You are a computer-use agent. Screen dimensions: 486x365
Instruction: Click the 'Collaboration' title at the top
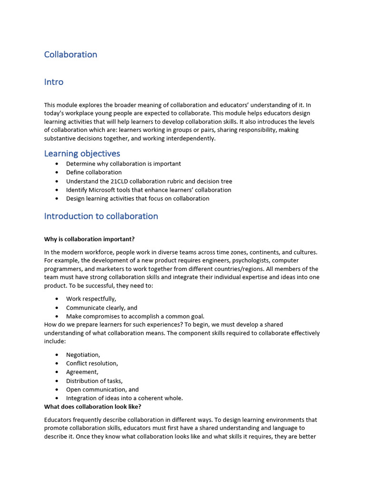[70, 55]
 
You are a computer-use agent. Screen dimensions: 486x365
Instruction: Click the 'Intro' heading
[54, 82]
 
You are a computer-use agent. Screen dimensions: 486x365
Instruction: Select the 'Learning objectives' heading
[82, 153]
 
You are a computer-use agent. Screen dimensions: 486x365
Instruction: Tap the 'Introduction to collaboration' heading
[101, 216]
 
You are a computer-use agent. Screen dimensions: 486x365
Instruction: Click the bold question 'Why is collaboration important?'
[93, 239]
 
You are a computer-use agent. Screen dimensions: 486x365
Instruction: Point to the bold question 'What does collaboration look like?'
[93, 407]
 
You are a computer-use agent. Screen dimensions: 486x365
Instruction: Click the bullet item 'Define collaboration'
[94, 172]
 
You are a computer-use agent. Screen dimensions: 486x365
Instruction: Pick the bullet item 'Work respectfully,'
[91, 299]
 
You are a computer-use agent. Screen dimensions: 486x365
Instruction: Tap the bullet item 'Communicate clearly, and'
[101, 308]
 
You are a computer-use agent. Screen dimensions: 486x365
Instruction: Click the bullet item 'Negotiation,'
[83, 355]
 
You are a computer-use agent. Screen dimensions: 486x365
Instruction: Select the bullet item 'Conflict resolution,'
[92, 363]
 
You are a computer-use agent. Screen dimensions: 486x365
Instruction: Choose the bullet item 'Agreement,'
[82, 372]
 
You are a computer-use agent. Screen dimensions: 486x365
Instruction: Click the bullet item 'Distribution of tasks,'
[94, 381]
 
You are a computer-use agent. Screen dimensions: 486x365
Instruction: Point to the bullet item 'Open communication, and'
[102, 390]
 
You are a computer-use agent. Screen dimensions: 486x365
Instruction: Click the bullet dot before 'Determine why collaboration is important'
[57, 164]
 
